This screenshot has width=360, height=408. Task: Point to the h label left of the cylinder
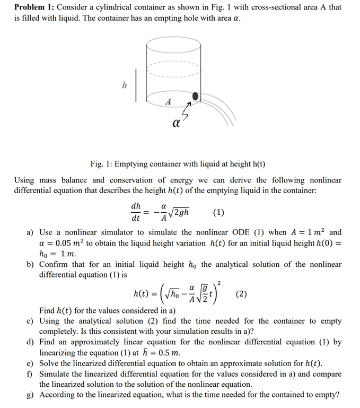click(125, 84)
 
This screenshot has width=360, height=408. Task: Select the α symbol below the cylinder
click(175, 125)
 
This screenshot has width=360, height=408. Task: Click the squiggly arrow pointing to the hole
click(186, 112)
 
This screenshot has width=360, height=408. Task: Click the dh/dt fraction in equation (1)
click(136, 212)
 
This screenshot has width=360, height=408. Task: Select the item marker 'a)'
click(31, 232)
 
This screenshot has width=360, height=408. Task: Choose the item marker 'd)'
click(31, 342)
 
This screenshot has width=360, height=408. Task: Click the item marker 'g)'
click(31, 395)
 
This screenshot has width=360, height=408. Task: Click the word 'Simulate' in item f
click(57, 374)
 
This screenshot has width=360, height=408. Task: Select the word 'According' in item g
click(59, 395)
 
